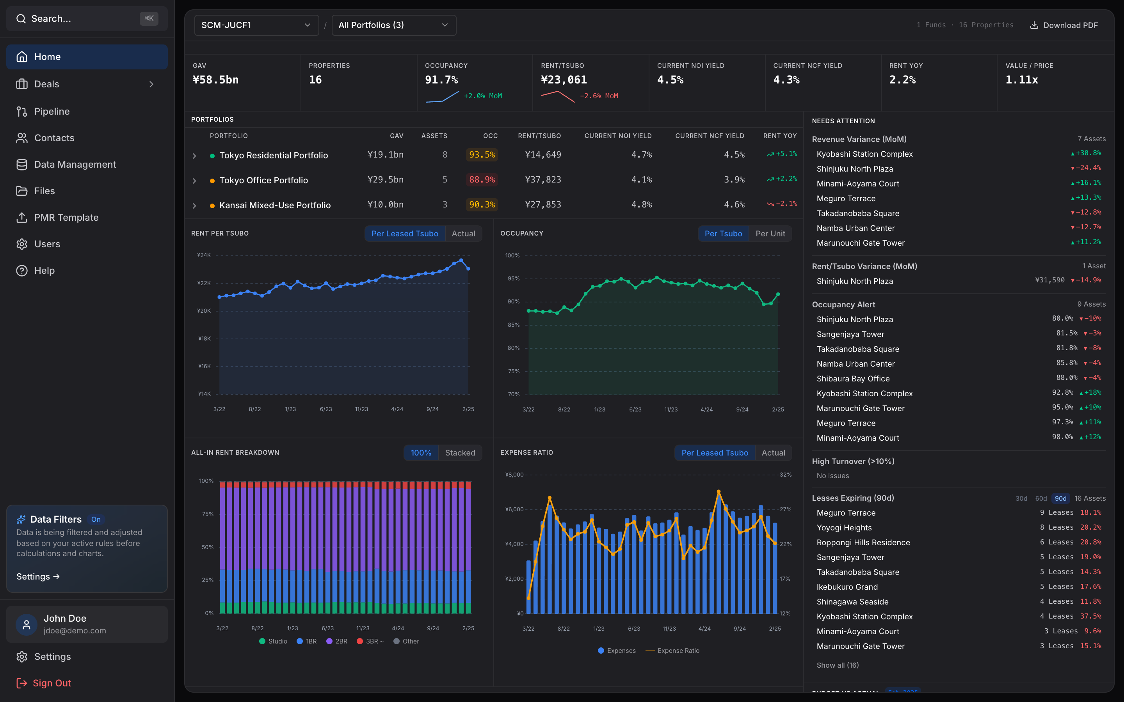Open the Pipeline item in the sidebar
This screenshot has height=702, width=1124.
point(52,112)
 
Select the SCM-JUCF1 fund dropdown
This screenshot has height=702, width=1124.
point(256,25)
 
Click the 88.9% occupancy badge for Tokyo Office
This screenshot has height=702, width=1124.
point(482,180)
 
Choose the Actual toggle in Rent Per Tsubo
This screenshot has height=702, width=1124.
point(463,234)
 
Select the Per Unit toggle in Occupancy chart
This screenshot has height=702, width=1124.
point(770,234)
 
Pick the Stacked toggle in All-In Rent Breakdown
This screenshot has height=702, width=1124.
point(460,453)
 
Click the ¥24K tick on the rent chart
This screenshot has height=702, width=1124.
point(203,255)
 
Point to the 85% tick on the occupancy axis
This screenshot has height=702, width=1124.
point(513,325)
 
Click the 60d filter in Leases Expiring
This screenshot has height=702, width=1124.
point(1040,498)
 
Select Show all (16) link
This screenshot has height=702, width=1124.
point(838,665)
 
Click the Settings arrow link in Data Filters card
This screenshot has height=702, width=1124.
point(38,576)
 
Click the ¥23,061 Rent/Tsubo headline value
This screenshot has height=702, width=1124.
point(564,80)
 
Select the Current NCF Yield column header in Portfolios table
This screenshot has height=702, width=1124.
point(709,136)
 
